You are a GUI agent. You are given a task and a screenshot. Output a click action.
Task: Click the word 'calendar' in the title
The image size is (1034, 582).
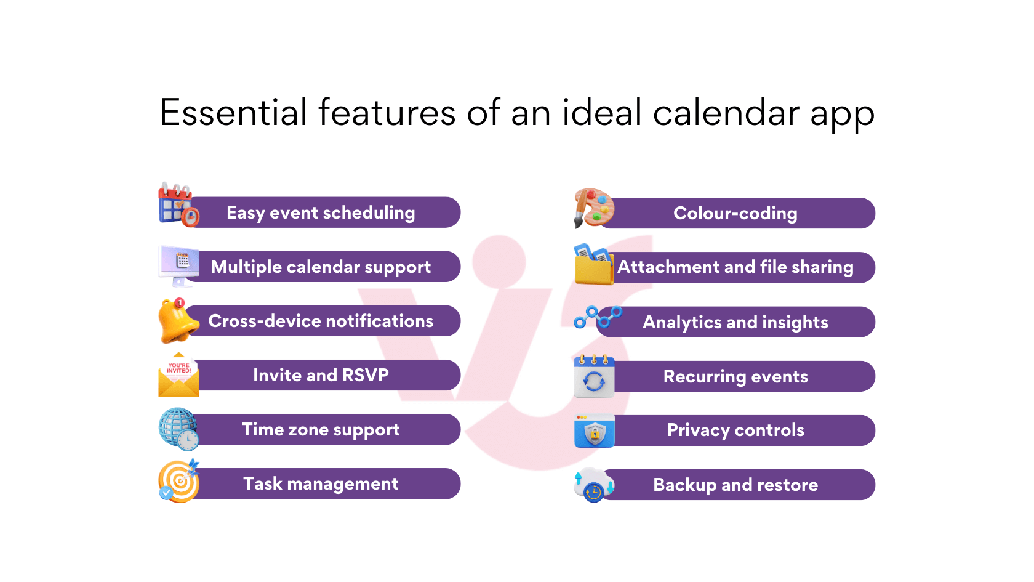coord(726,113)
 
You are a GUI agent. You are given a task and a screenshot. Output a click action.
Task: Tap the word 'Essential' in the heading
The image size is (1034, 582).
coord(233,113)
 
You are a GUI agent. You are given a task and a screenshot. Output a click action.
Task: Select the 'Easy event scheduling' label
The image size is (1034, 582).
coord(320,212)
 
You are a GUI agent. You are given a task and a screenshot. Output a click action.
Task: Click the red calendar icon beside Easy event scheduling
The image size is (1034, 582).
coord(177,205)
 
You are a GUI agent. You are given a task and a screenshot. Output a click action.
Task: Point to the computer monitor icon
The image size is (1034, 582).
coord(179,264)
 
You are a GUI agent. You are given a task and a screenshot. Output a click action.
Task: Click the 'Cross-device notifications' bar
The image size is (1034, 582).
coord(320,321)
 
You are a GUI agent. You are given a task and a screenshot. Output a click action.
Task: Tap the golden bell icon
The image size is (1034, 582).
coord(177,321)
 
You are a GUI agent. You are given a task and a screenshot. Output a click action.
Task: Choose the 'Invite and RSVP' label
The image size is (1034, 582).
coord(320,375)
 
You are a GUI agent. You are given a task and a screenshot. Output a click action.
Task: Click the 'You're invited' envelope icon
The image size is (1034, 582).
coord(178,376)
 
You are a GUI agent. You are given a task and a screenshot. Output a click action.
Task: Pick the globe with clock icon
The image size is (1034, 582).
coord(178,429)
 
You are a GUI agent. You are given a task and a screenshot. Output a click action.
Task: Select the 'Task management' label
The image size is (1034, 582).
coord(320,483)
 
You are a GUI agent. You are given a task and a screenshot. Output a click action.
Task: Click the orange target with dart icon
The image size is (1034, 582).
coord(178,482)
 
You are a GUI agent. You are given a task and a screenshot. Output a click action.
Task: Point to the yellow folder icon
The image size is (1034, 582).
coord(593,266)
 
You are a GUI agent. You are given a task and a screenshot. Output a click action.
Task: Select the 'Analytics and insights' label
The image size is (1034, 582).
coord(735,322)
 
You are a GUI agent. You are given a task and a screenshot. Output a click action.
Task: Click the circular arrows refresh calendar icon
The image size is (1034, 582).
coord(594,377)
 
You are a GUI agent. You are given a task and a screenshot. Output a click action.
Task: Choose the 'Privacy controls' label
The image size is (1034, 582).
coord(735,430)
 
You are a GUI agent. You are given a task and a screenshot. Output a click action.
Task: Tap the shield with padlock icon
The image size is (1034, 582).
coord(594,432)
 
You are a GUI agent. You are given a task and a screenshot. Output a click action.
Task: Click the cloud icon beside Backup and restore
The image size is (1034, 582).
coord(593,484)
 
